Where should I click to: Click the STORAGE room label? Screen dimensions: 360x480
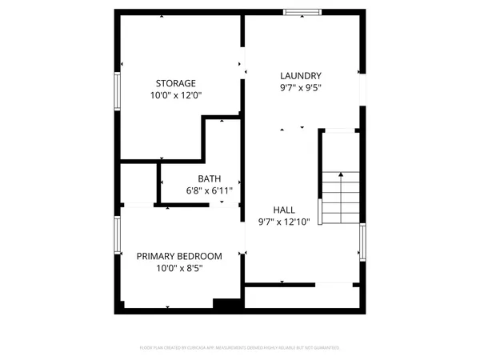(175, 83)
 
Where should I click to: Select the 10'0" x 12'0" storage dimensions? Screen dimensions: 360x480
(175, 95)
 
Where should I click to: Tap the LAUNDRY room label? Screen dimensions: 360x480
(301, 76)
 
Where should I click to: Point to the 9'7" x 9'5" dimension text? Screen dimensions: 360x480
(301, 88)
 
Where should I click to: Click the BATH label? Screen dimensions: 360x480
(210, 179)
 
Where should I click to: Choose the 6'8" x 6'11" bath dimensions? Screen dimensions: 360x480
(210, 191)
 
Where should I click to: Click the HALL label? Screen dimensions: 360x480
(284, 210)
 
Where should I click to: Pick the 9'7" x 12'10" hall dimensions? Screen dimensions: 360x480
(284, 222)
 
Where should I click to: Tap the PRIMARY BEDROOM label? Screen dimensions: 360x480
(179, 256)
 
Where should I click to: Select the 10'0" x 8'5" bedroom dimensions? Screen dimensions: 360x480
(179, 268)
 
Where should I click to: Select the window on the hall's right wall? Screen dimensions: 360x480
(362, 242)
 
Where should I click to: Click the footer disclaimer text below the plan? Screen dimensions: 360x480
(239, 348)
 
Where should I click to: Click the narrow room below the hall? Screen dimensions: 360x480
(302, 298)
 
